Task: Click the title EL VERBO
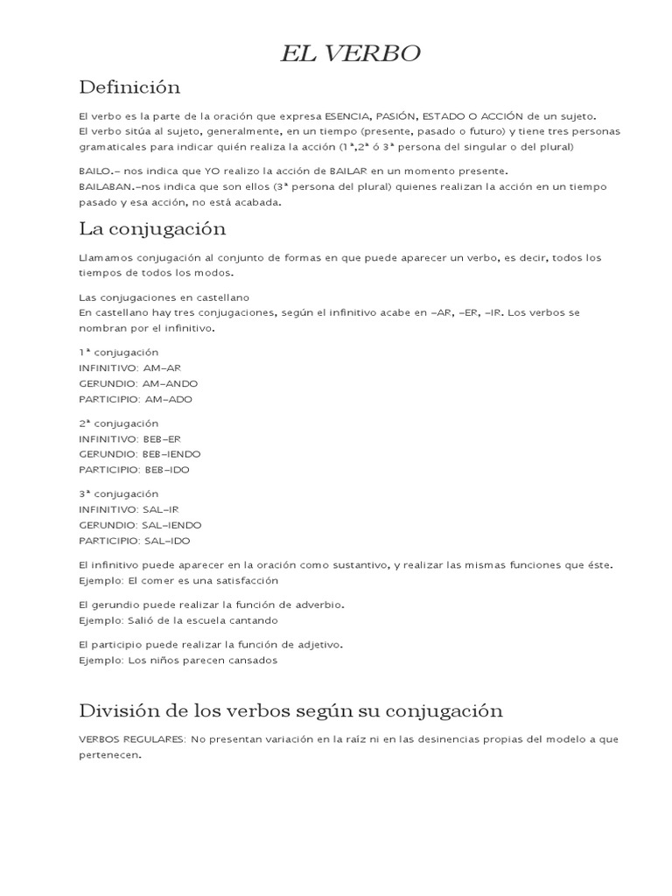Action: (350, 54)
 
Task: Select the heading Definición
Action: (129, 87)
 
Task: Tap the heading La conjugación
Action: (152, 229)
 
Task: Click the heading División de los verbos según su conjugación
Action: (290, 710)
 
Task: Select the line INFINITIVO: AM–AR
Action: (129, 367)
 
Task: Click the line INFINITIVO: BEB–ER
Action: (129, 438)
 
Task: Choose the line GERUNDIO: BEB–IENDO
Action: (139, 454)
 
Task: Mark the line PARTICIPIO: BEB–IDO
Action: (134, 470)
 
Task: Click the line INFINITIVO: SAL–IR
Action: (129, 509)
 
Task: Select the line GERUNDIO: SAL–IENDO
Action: (139, 525)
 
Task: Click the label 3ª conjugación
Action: (118, 493)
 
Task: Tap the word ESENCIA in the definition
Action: (347, 115)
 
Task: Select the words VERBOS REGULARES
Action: (131, 739)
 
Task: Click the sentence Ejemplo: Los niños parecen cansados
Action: (178, 661)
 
